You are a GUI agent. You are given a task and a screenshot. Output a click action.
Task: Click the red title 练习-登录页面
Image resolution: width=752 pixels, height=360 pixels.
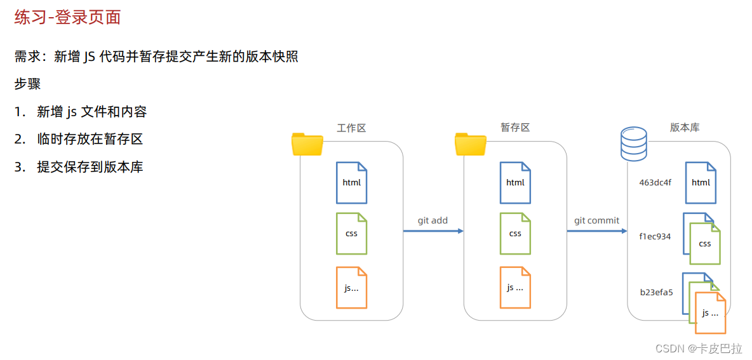click(68, 17)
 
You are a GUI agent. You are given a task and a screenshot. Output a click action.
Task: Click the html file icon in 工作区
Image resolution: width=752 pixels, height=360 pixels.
click(351, 183)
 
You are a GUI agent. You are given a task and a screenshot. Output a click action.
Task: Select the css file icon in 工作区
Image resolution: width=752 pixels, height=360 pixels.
click(351, 234)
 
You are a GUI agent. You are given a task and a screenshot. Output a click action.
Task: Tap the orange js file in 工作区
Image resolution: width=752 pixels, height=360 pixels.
click(351, 288)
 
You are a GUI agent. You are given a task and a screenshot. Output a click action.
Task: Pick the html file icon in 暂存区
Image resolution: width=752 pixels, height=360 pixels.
click(515, 183)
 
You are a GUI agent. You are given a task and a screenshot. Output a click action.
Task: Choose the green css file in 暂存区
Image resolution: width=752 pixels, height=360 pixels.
click(515, 234)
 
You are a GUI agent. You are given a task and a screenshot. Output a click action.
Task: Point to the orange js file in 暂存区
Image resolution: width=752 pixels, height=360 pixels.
click(515, 288)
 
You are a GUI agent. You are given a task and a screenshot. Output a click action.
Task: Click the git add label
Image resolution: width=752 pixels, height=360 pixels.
click(433, 220)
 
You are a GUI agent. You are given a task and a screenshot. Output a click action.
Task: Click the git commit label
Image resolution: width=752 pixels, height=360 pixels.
click(596, 220)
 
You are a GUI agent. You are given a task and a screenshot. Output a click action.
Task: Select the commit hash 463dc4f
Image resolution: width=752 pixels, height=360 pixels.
click(655, 183)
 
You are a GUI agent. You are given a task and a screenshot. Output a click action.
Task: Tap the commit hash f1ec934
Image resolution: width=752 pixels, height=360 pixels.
click(655, 237)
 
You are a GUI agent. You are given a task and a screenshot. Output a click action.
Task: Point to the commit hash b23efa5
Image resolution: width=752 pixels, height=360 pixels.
click(656, 293)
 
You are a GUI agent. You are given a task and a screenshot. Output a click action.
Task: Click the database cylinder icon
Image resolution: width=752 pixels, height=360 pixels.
click(633, 143)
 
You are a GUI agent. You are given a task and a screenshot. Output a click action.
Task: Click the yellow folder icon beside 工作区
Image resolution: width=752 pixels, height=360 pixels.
click(307, 144)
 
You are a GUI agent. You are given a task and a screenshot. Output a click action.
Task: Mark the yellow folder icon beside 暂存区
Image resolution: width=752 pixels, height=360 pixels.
click(471, 144)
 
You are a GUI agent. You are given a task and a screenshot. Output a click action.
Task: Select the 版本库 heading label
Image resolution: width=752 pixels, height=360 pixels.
click(685, 128)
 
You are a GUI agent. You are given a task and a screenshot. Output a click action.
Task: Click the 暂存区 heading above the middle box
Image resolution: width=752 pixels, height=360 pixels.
click(515, 128)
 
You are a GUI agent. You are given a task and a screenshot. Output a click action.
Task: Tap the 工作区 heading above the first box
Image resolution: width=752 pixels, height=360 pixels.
click(351, 128)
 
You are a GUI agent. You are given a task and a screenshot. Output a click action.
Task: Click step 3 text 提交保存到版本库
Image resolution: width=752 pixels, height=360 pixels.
click(90, 167)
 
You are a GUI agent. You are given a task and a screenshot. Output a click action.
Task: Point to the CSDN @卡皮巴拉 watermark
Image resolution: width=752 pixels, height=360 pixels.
click(699, 349)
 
